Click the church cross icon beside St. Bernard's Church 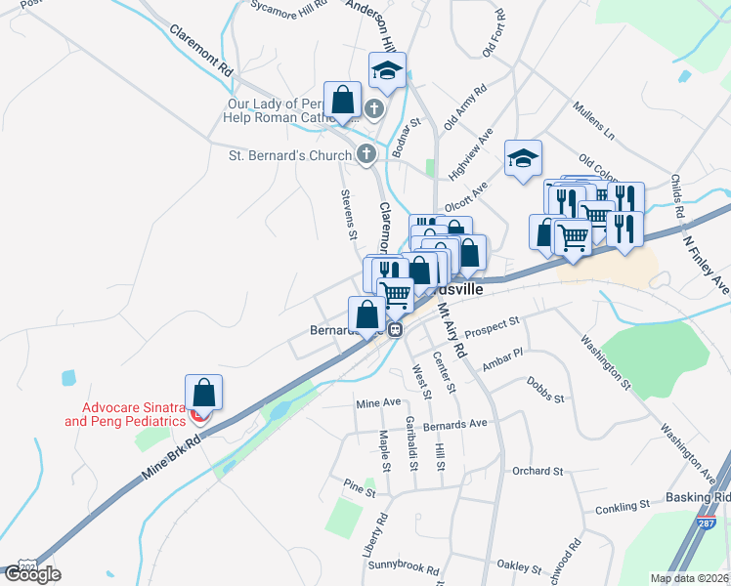click(365, 154)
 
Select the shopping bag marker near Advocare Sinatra click(203, 393)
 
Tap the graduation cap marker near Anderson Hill click(387, 70)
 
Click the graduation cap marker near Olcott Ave click(523, 158)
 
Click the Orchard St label click(538, 471)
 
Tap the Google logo click(32, 574)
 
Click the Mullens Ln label click(594, 119)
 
